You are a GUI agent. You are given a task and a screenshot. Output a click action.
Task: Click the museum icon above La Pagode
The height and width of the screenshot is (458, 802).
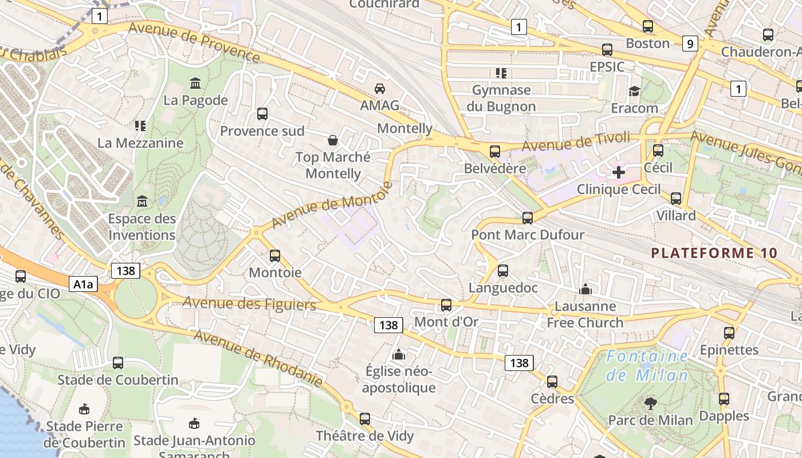(195, 84)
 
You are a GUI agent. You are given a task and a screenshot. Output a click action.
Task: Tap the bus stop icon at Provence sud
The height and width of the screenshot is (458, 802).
(262, 114)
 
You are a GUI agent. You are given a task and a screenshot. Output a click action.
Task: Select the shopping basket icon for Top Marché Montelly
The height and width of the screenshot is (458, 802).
(332, 140)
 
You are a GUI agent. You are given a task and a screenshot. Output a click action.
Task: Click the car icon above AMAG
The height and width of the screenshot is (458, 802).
(379, 88)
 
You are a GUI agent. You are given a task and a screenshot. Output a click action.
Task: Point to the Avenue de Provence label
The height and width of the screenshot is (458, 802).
(195, 41)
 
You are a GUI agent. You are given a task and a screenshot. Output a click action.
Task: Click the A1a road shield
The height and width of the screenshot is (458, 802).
(83, 284)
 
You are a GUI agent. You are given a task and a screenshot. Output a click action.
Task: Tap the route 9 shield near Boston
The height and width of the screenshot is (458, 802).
(690, 44)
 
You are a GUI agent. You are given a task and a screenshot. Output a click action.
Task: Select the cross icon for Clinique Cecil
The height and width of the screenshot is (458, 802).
(619, 172)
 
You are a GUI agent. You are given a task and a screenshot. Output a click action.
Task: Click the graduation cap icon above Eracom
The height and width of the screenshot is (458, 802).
(634, 91)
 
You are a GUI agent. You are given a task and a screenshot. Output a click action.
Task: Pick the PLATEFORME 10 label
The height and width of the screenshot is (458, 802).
(714, 253)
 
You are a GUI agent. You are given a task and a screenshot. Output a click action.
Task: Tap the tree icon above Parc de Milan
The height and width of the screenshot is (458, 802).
(650, 403)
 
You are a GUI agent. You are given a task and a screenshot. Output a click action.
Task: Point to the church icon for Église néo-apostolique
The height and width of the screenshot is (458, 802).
(399, 355)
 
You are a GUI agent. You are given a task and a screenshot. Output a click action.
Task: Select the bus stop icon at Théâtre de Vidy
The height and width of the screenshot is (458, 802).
(365, 418)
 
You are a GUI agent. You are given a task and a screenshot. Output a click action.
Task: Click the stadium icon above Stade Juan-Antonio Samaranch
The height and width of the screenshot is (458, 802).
(194, 424)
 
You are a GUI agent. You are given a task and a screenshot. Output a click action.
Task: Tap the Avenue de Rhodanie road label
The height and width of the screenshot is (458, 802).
(258, 358)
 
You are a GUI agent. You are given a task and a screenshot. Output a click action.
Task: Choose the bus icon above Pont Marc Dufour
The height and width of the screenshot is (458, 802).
(528, 218)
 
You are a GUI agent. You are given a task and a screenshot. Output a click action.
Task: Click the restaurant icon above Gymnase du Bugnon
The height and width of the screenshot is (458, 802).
(501, 73)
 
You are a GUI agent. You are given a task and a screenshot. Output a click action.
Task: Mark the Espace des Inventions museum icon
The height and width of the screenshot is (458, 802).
(141, 202)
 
